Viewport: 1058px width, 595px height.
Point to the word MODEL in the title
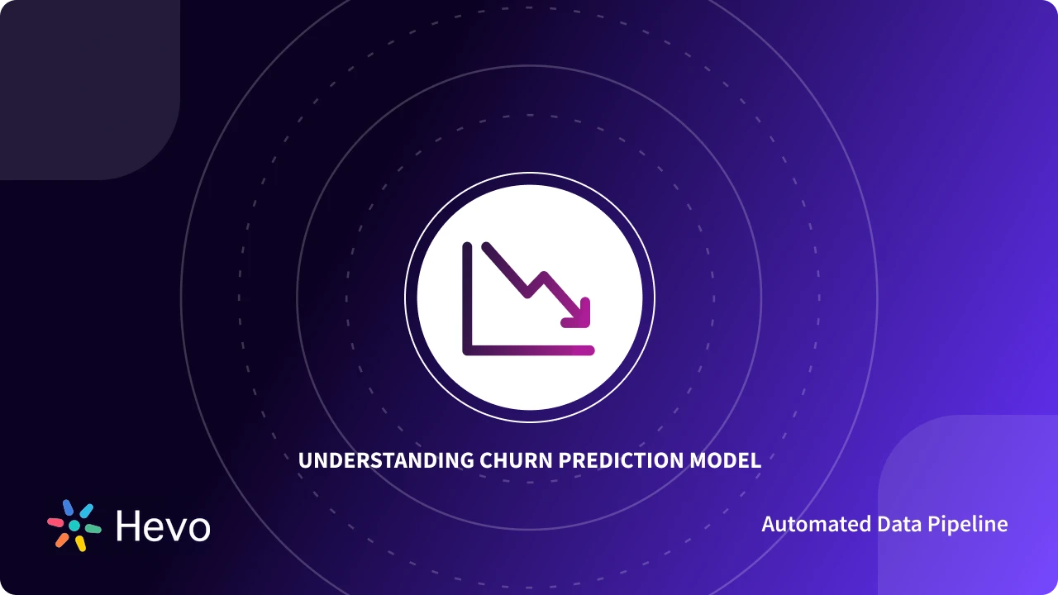(x=725, y=460)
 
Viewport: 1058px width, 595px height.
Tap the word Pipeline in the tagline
(x=969, y=525)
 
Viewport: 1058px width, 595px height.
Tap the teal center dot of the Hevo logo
(x=74, y=526)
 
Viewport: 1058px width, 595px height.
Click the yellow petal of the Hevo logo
(x=80, y=543)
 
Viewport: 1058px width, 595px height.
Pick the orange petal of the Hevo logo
(x=62, y=540)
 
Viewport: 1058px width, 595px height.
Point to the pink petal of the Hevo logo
(x=55, y=522)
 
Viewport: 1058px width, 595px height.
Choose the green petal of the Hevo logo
(x=93, y=528)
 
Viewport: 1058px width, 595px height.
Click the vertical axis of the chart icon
(x=467, y=297)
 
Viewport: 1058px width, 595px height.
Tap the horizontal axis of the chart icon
(x=529, y=350)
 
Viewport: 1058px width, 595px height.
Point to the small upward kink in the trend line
(x=543, y=276)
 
